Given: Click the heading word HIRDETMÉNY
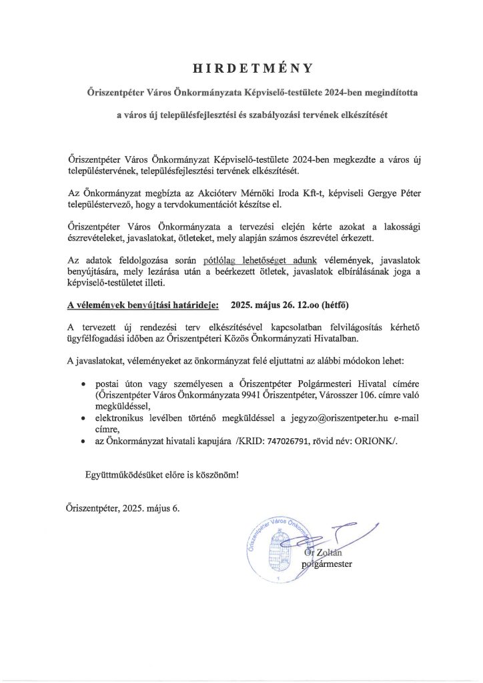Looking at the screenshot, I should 242,68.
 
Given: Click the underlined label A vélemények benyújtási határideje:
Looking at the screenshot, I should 143,305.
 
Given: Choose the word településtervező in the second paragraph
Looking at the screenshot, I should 101,203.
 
